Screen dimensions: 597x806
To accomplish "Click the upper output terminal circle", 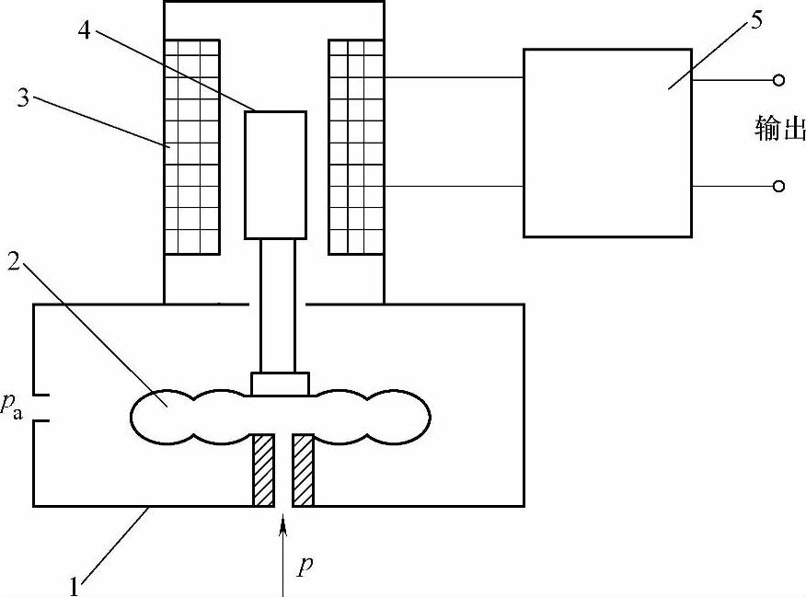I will [778, 81].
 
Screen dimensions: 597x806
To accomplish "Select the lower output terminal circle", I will [778, 187].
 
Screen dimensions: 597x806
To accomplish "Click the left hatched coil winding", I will [191, 146].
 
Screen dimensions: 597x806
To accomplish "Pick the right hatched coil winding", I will [356, 146].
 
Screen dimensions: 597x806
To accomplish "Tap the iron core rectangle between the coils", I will [275, 175].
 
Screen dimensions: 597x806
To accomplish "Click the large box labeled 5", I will [607, 143].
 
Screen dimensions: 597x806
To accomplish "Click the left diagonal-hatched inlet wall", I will [264, 469].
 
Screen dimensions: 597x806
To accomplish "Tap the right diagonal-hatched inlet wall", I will [304, 469].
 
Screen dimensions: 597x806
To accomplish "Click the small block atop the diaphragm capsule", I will [280, 384].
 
